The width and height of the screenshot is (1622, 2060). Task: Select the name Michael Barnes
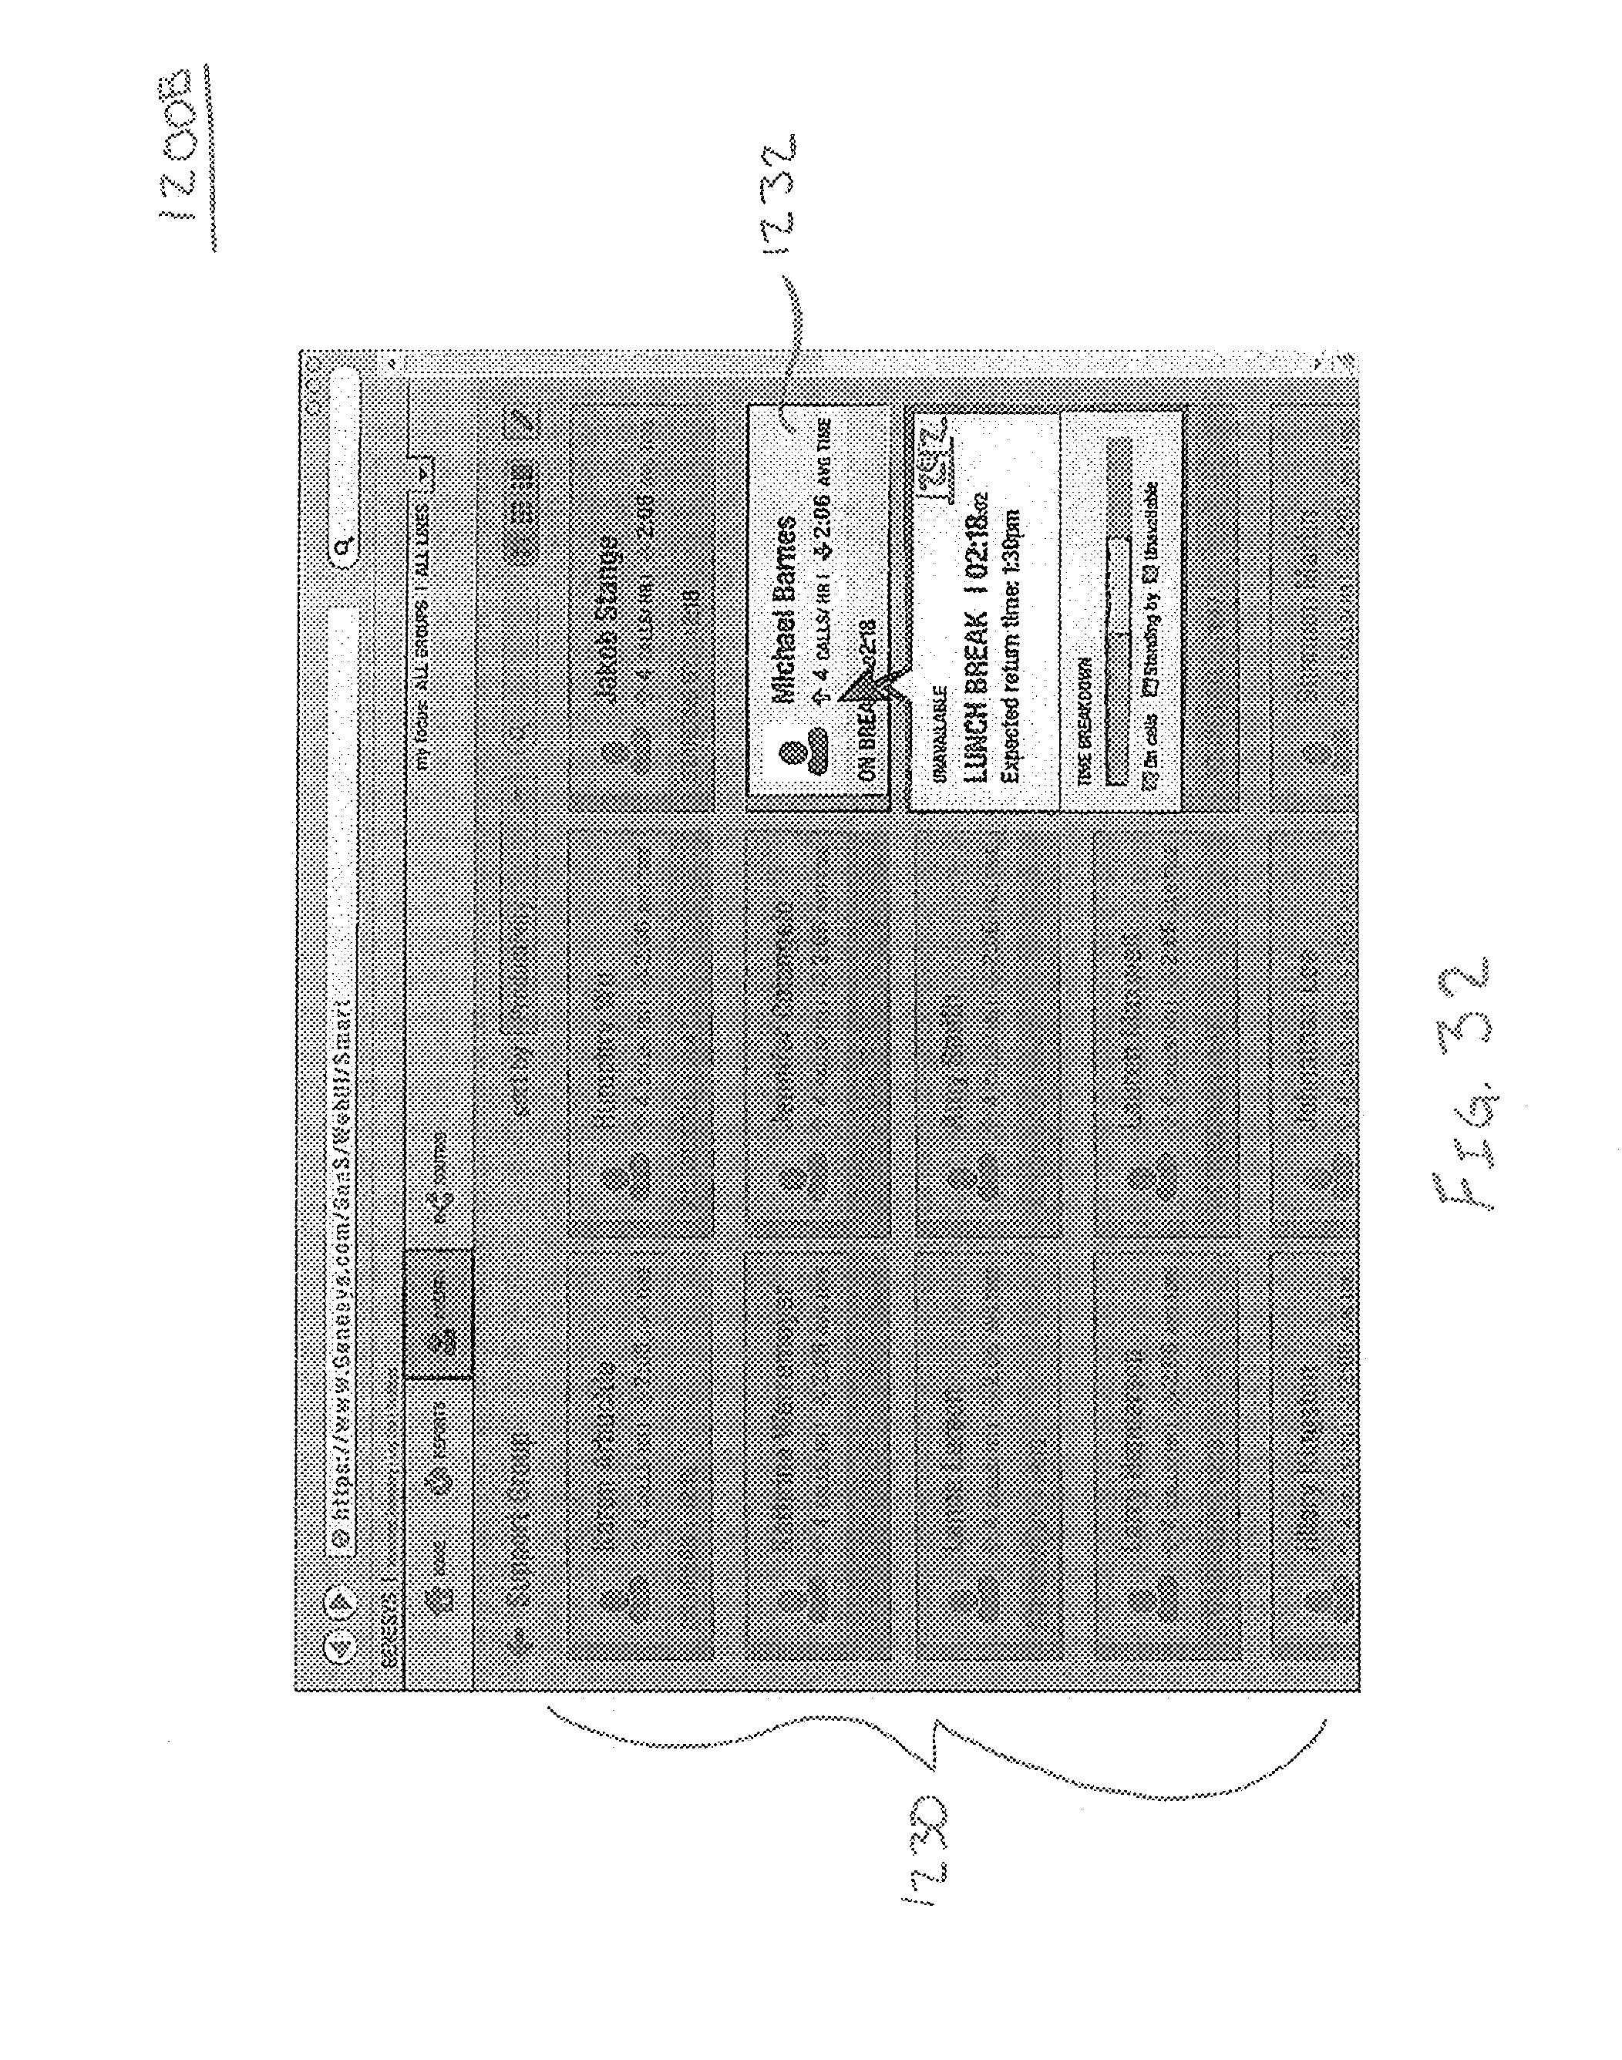coord(785,608)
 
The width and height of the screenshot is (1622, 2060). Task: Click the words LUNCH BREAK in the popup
coord(978,701)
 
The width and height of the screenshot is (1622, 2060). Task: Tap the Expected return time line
coord(1011,647)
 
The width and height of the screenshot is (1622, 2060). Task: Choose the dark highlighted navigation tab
coord(438,1314)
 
